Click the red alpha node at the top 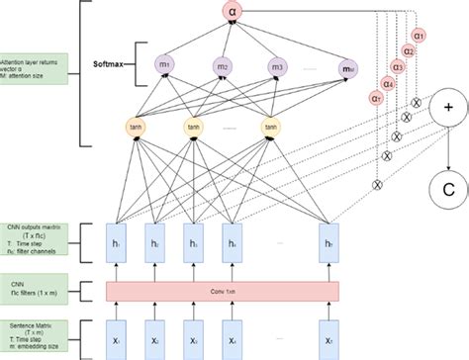[232, 13]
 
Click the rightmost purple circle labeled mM [349, 65]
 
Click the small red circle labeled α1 [421, 35]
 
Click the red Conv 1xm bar [223, 290]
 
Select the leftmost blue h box [119, 243]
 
